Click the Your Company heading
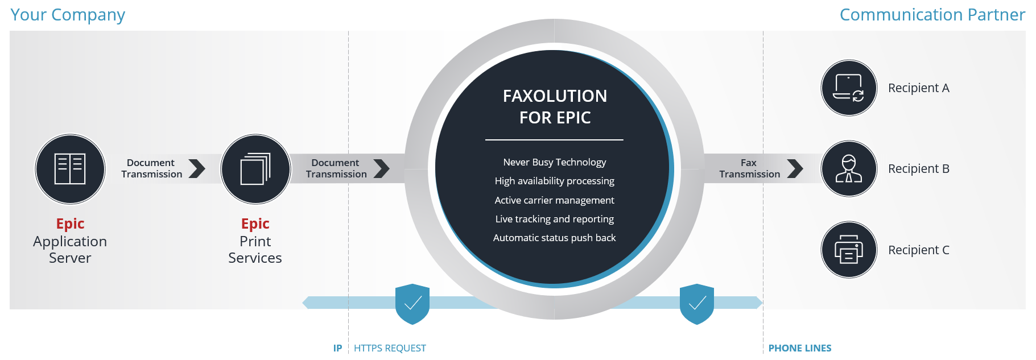(x=68, y=15)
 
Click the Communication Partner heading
(x=932, y=15)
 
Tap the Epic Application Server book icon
(x=70, y=169)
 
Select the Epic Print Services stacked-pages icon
(x=255, y=169)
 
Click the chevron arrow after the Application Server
(x=197, y=168)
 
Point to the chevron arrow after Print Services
(x=382, y=168)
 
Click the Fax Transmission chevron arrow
(x=795, y=168)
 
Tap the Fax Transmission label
(x=749, y=168)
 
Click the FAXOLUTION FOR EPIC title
(x=555, y=106)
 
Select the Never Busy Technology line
(x=555, y=162)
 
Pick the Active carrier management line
(x=555, y=200)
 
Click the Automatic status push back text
(x=555, y=238)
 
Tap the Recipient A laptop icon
(x=849, y=88)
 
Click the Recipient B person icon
(x=849, y=169)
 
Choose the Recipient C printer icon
(x=849, y=250)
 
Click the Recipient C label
(x=919, y=250)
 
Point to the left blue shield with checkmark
(x=412, y=304)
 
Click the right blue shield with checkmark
(x=697, y=304)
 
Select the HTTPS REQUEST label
(x=390, y=348)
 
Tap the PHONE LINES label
(x=800, y=348)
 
